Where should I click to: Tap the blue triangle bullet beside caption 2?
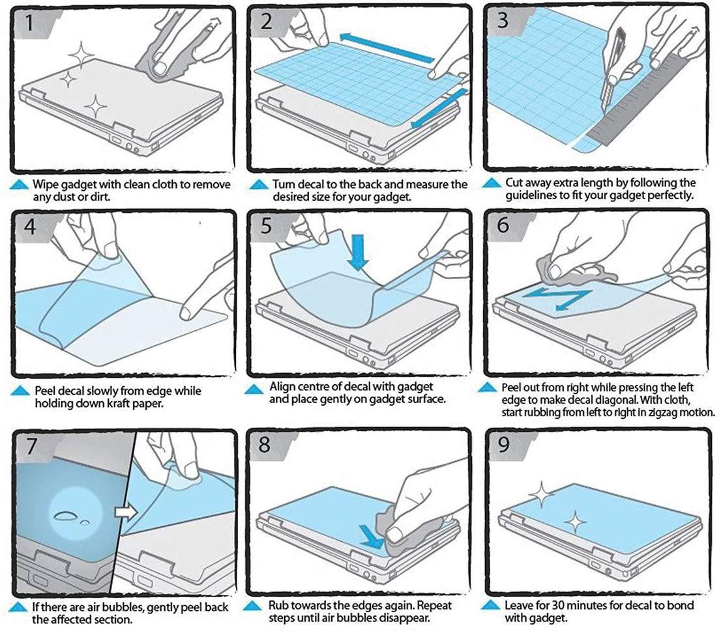(258, 185)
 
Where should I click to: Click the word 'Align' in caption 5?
(282, 387)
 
